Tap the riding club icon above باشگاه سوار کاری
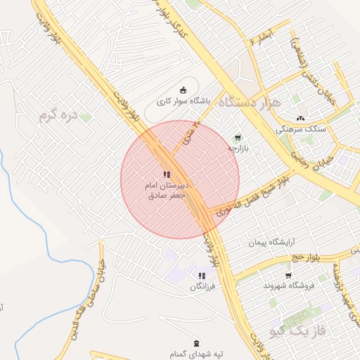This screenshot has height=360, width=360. (x=184, y=89)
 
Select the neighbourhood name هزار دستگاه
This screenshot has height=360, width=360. (x=250, y=103)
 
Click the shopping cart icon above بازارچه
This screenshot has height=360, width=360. (x=238, y=138)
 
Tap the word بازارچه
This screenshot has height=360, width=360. (x=238, y=148)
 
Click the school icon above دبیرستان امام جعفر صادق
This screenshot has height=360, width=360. (x=166, y=174)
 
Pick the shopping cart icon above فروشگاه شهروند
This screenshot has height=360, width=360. (x=288, y=275)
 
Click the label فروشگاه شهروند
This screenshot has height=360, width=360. (x=288, y=285)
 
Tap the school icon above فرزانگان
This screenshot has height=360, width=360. (x=202, y=276)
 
